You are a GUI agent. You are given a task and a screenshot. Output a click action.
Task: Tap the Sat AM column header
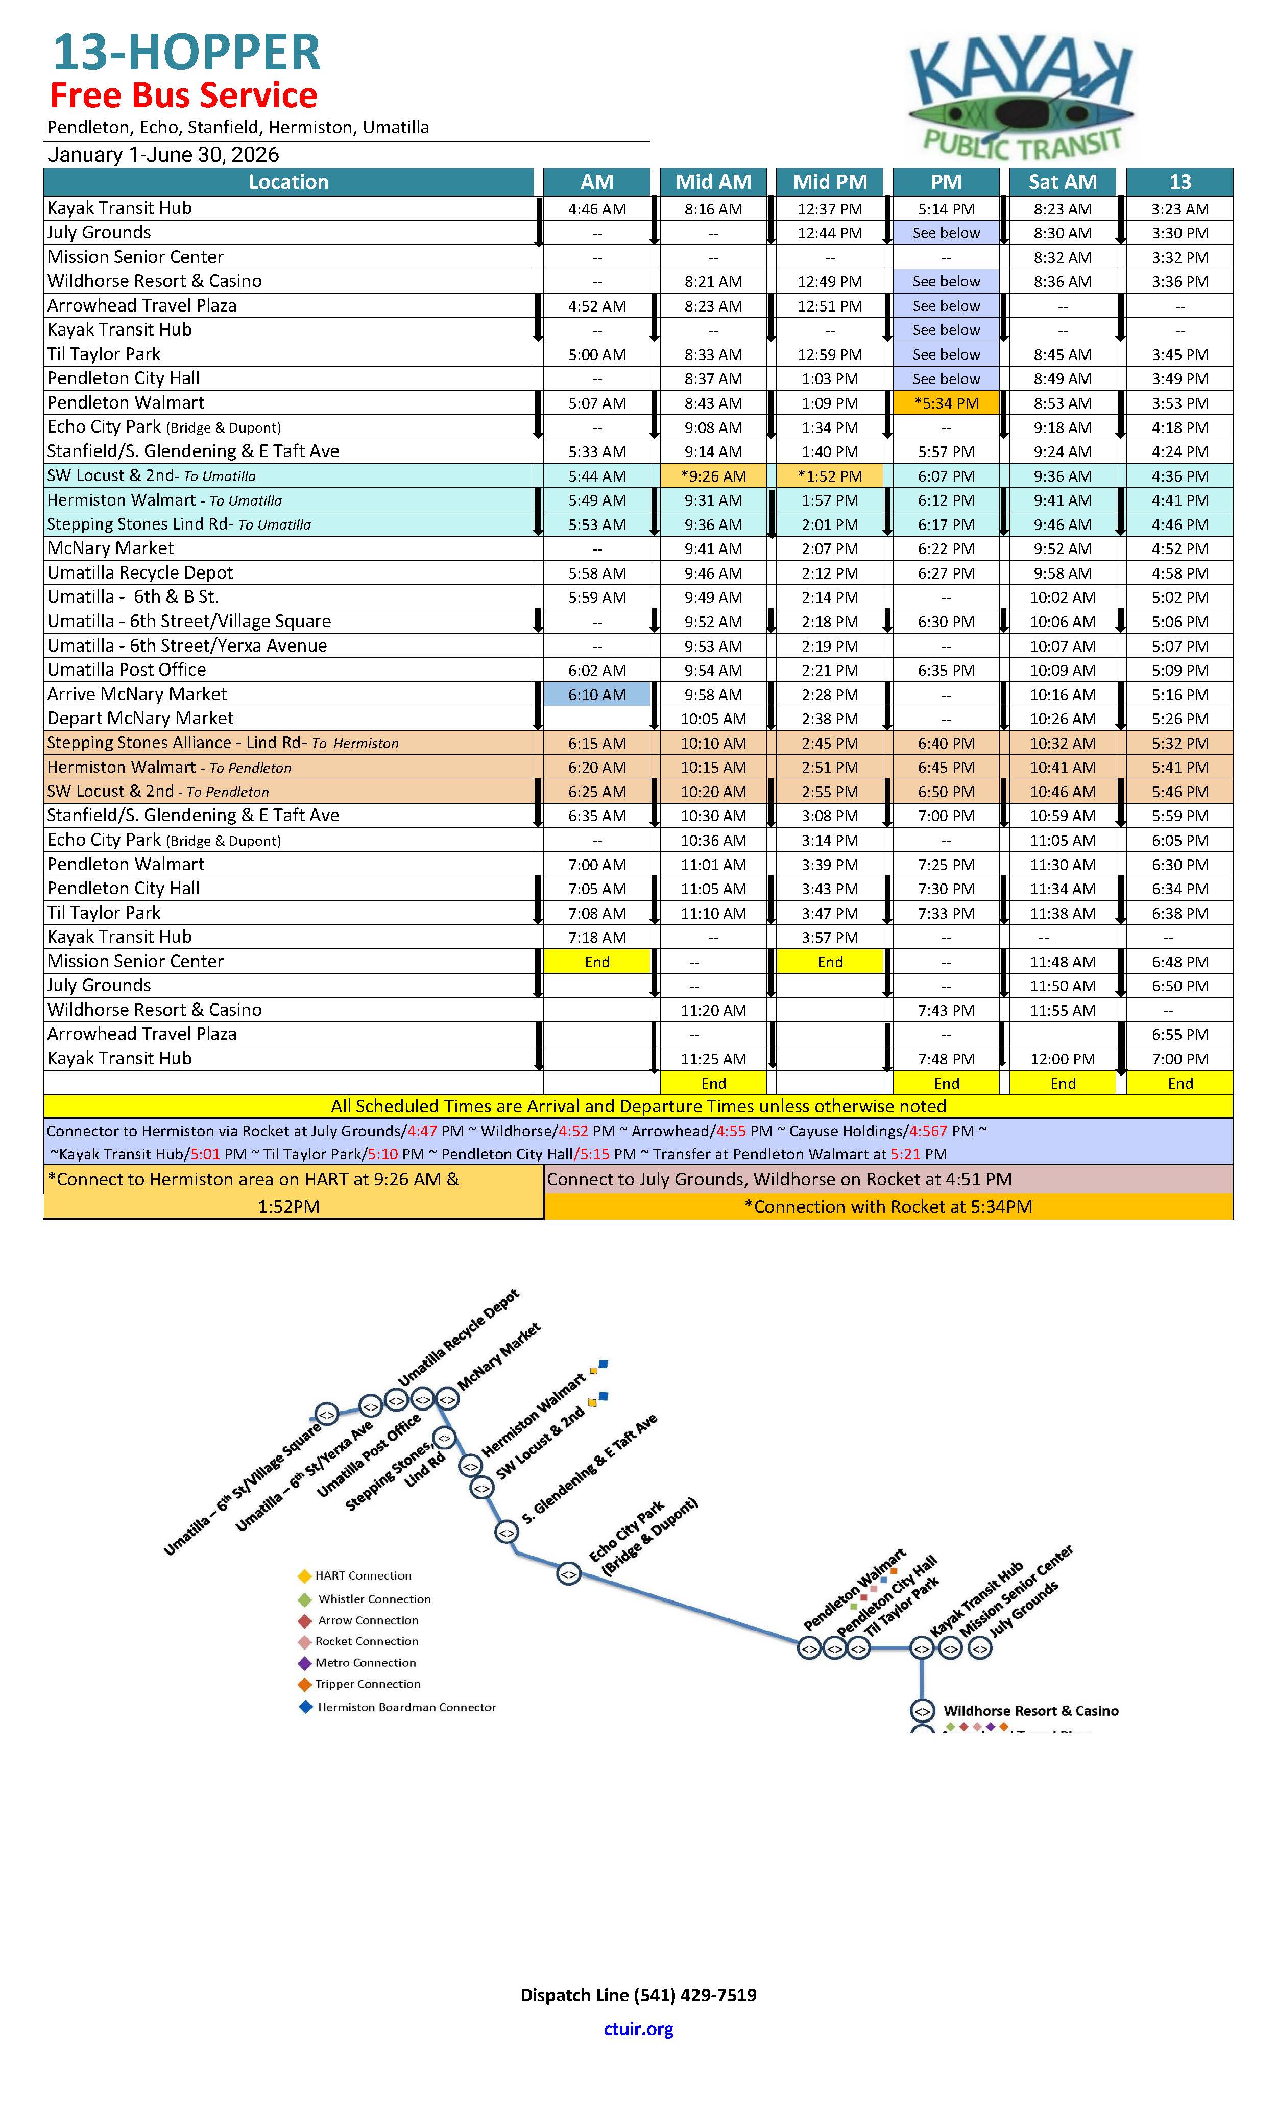1062,182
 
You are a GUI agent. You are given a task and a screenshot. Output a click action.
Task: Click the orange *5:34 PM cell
946,403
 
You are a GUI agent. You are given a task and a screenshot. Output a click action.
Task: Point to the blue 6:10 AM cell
597,695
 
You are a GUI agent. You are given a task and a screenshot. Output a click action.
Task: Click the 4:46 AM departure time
597,209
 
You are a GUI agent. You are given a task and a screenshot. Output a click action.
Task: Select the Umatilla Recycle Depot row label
140,572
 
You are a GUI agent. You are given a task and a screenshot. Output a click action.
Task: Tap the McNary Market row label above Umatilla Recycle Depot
110,548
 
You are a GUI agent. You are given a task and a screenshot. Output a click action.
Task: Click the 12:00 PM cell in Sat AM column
1062,1058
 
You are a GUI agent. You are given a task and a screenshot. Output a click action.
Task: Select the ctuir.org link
638,2029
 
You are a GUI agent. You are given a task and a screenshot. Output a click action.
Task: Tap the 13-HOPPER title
186,53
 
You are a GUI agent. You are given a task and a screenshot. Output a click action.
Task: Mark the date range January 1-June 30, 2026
163,154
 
